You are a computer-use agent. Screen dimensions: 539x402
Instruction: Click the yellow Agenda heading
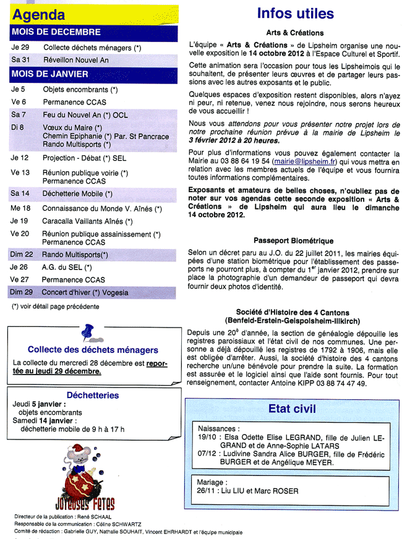pos(38,15)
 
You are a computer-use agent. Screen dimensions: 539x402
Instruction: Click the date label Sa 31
pos(20,60)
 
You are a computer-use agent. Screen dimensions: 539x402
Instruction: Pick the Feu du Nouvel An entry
pos(85,115)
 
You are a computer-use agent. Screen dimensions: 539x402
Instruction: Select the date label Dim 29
pos(22,292)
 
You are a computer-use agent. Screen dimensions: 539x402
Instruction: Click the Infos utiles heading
pos(295,14)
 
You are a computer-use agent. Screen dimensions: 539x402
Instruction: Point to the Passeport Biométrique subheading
pos(294,241)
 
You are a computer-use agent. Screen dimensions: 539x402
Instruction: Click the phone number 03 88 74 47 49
pos(337,383)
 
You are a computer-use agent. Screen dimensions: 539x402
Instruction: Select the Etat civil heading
pos(292,409)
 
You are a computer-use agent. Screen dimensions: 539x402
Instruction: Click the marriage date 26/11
pos(205,491)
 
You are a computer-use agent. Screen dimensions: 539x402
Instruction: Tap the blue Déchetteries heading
pos(93,395)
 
